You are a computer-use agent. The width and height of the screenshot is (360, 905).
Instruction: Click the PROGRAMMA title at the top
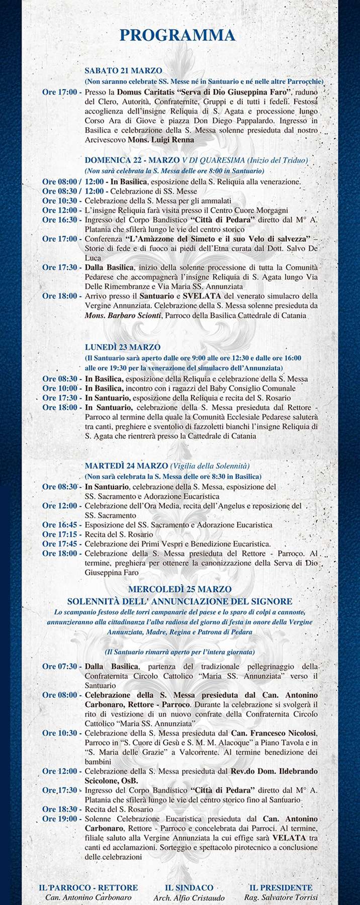177,36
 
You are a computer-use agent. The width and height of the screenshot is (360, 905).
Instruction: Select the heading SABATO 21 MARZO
123,71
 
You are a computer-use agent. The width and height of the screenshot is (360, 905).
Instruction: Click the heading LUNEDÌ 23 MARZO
123,347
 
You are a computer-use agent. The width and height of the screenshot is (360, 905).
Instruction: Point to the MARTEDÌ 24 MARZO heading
126,466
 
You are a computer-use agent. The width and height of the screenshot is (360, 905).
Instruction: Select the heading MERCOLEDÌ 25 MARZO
179,589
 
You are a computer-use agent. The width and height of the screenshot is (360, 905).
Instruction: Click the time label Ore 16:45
60,525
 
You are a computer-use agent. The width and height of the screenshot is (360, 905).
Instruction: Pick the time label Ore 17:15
60,534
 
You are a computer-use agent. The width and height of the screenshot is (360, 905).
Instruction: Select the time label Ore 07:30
60,667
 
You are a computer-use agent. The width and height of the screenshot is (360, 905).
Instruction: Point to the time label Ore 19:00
60,819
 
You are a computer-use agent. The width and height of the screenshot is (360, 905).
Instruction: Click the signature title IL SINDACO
189,887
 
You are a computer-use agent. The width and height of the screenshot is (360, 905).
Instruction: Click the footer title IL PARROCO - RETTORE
88,887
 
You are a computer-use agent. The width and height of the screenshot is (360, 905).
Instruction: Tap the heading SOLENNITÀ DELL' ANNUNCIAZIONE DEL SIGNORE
179,601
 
